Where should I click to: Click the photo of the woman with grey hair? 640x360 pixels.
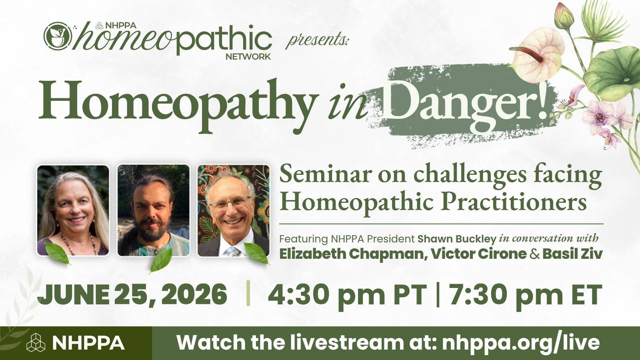coord(73,210)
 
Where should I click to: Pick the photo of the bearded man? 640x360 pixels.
coord(154,210)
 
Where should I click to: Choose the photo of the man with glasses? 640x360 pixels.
coord(234,210)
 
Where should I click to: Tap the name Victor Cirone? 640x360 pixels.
coord(478,254)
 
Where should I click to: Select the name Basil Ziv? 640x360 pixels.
coord(572,254)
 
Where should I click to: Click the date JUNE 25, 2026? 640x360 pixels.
coord(132,295)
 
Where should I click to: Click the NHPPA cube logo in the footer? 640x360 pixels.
coord(36,342)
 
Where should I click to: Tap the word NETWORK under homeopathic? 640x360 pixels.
coord(248,56)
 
